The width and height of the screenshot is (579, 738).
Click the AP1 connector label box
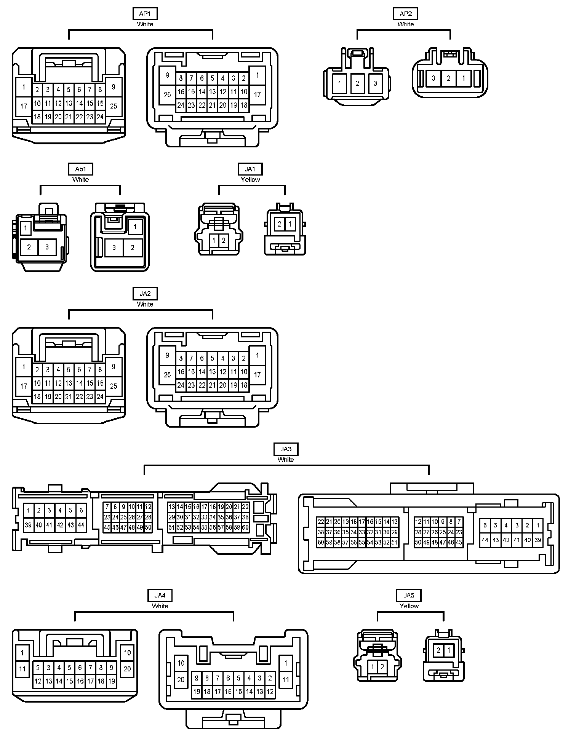145,14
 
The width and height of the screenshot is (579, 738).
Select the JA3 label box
286,449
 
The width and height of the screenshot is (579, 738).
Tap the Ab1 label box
81,169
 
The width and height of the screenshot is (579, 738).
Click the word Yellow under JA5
409,606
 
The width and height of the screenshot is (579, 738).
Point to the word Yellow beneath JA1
250,179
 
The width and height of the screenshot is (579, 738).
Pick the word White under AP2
406,24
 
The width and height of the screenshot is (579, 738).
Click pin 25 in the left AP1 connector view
114,106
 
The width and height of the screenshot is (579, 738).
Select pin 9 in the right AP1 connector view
167,75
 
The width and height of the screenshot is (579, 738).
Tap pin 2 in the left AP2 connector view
357,83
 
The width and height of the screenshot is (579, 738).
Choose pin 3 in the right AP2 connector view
433,78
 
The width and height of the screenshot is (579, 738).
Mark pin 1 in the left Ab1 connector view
26,228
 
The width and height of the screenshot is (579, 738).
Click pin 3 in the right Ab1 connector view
114,248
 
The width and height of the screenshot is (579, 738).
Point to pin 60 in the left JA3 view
246,527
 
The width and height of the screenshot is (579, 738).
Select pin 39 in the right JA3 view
538,540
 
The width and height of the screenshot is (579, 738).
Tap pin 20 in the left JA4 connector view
127,669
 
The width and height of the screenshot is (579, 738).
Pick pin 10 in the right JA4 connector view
181,663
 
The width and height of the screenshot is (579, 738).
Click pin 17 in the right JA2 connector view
258,375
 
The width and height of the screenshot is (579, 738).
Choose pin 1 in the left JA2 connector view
24,367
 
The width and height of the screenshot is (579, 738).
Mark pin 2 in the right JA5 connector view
438,650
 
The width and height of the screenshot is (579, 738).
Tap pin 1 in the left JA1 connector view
214,240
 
